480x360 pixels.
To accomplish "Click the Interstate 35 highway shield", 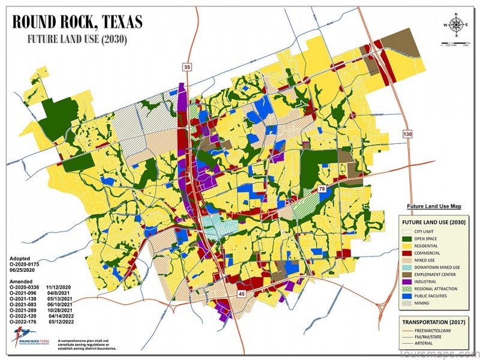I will click(x=188, y=67).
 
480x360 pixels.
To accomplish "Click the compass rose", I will click(x=457, y=25).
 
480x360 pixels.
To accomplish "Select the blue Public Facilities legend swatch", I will click(x=407, y=297).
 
